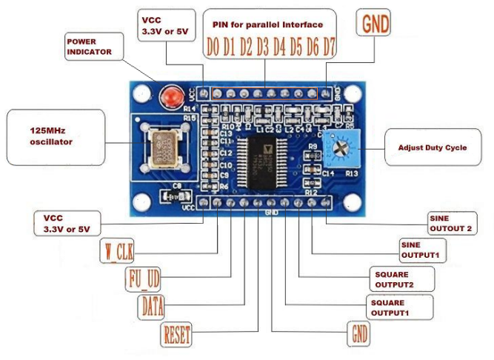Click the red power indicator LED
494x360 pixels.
(x=173, y=95)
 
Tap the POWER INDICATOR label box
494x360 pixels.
(x=90, y=47)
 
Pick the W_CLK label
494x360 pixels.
(x=116, y=251)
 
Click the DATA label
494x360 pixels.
(x=152, y=305)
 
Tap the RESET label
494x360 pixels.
(x=176, y=334)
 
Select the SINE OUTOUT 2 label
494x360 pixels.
(x=450, y=223)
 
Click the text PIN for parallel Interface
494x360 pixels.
(x=267, y=24)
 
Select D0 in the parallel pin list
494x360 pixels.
(x=213, y=48)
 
